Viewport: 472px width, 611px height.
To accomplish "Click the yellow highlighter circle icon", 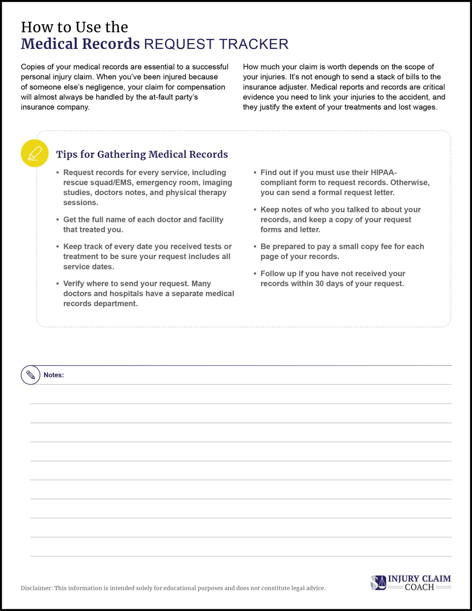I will pos(35,153).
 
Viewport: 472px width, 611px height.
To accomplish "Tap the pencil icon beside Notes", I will pos(30,375).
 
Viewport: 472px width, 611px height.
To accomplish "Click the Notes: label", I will pos(54,375).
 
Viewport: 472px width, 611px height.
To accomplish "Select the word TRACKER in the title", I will pos(254,44).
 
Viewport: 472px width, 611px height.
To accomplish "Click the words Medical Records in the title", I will pos(80,44).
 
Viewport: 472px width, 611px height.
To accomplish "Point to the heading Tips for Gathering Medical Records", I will pos(142,154).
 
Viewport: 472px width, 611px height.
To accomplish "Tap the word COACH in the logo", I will pos(419,587).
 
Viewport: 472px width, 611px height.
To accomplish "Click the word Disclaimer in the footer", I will pos(36,588).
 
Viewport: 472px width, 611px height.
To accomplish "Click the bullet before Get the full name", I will pos(58,220).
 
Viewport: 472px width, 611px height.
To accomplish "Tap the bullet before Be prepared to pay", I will pos(255,247).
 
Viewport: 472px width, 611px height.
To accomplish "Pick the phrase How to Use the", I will pos(74,27).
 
